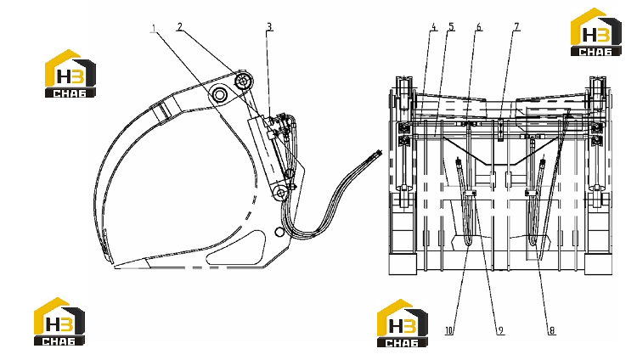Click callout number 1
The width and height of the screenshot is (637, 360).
click(154, 28)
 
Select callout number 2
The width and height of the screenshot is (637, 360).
click(179, 27)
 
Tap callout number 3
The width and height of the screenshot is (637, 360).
click(269, 27)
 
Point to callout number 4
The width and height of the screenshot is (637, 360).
click(434, 27)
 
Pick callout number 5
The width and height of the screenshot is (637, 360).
click(451, 27)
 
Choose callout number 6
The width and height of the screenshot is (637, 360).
click(479, 27)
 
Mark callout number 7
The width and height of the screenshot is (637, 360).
click(516, 27)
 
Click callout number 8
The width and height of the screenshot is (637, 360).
click(552, 331)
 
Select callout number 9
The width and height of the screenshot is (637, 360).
click(500, 331)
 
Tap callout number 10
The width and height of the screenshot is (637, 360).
click(449, 331)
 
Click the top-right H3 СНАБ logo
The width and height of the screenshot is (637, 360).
click(596, 31)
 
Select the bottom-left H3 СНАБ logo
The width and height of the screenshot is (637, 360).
click(59, 322)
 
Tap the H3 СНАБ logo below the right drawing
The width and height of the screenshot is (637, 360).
click(403, 323)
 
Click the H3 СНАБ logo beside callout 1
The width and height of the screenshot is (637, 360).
click(70, 74)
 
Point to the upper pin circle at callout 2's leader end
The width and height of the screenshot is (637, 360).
click(244, 82)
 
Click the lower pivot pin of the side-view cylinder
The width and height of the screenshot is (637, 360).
click(280, 192)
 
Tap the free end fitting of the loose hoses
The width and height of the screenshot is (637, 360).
click(376, 155)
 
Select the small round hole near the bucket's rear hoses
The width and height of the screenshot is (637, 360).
click(279, 232)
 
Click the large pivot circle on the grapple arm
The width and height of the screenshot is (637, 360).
click(219, 95)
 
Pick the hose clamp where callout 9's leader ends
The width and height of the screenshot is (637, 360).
click(471, 194)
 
